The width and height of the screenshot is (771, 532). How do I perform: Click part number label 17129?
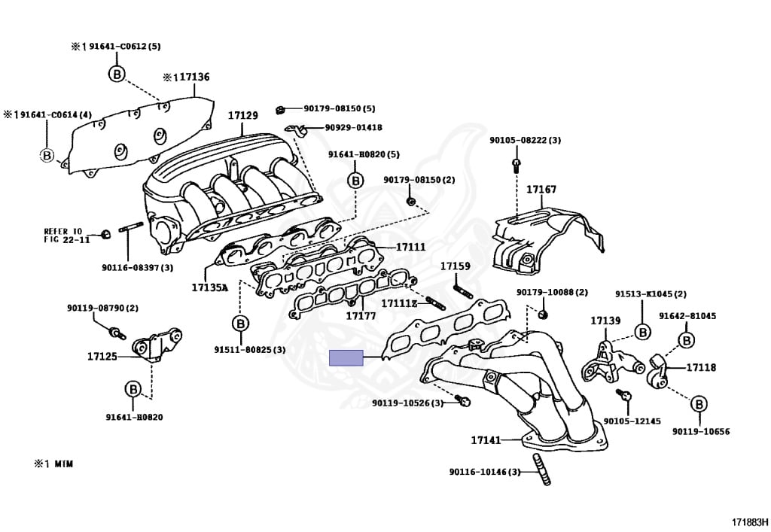(243, 116)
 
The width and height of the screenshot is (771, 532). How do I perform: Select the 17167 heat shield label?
(541, 190)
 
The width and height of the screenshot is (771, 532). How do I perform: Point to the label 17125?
(102, 356)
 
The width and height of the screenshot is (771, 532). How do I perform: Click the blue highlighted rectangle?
(346, 359)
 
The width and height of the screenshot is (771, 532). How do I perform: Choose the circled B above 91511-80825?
(240, 324)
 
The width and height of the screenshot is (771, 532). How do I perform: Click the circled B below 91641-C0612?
(117, 73)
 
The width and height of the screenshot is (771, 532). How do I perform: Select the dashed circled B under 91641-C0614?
(47, 156)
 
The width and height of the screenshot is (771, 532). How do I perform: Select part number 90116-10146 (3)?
(484, 472)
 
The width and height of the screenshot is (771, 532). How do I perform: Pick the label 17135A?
(209, 287)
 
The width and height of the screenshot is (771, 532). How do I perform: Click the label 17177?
(361, 316)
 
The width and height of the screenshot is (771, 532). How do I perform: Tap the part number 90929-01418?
(353, 128)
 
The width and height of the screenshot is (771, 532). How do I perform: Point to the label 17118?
(700, 368)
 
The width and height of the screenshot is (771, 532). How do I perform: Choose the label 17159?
(455, 266)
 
